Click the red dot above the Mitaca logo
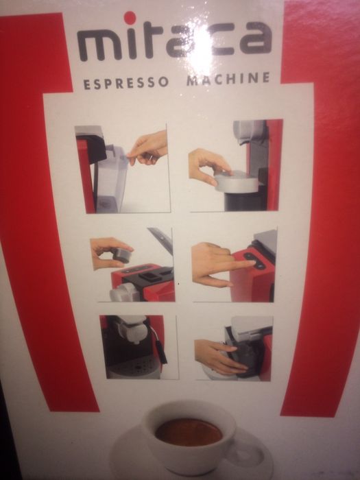click(130, 18)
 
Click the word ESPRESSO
click(125, 84)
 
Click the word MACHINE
click(228, 79)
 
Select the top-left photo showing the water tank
click(122, 169)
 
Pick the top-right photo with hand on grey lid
click(235, 165)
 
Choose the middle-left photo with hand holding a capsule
click(132, 268)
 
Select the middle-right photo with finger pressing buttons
click(234, 265)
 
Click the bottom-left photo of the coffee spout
click(133, 347)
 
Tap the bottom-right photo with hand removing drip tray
click(234, 348)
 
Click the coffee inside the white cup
click(188, 433)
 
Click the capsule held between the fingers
click(121, 255)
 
